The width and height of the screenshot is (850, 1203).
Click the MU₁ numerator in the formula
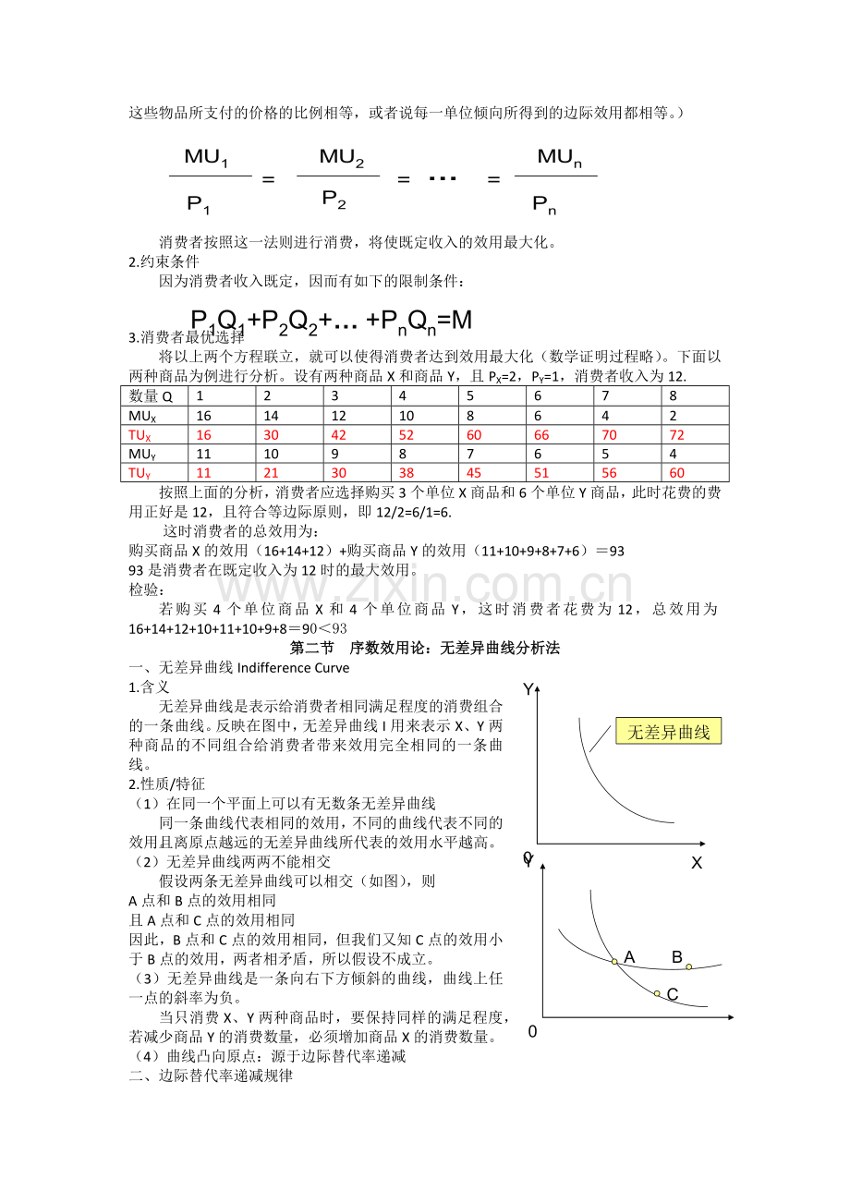[206, 157]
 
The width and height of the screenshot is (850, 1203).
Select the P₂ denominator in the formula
[334, 198]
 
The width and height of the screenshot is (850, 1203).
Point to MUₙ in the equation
[560, 157]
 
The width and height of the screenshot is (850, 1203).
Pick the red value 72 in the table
[677, 435]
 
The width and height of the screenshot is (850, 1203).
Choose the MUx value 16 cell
[204, 416]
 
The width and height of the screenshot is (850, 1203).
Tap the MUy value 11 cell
[204, 454]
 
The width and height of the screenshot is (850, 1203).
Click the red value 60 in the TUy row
[677, 473]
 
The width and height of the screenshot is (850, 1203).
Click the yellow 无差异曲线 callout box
[669, 733]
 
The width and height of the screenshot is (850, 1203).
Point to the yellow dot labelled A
[614, 962]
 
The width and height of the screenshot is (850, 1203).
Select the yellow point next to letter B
[688, 967]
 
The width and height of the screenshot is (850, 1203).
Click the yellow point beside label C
[657, 993]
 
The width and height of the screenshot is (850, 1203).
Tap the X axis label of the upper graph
[697, 863]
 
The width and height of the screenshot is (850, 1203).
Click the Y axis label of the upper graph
[528, 689]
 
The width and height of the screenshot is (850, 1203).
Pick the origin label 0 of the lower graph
[531, 1031]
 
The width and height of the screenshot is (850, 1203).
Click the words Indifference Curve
[294, 667]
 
